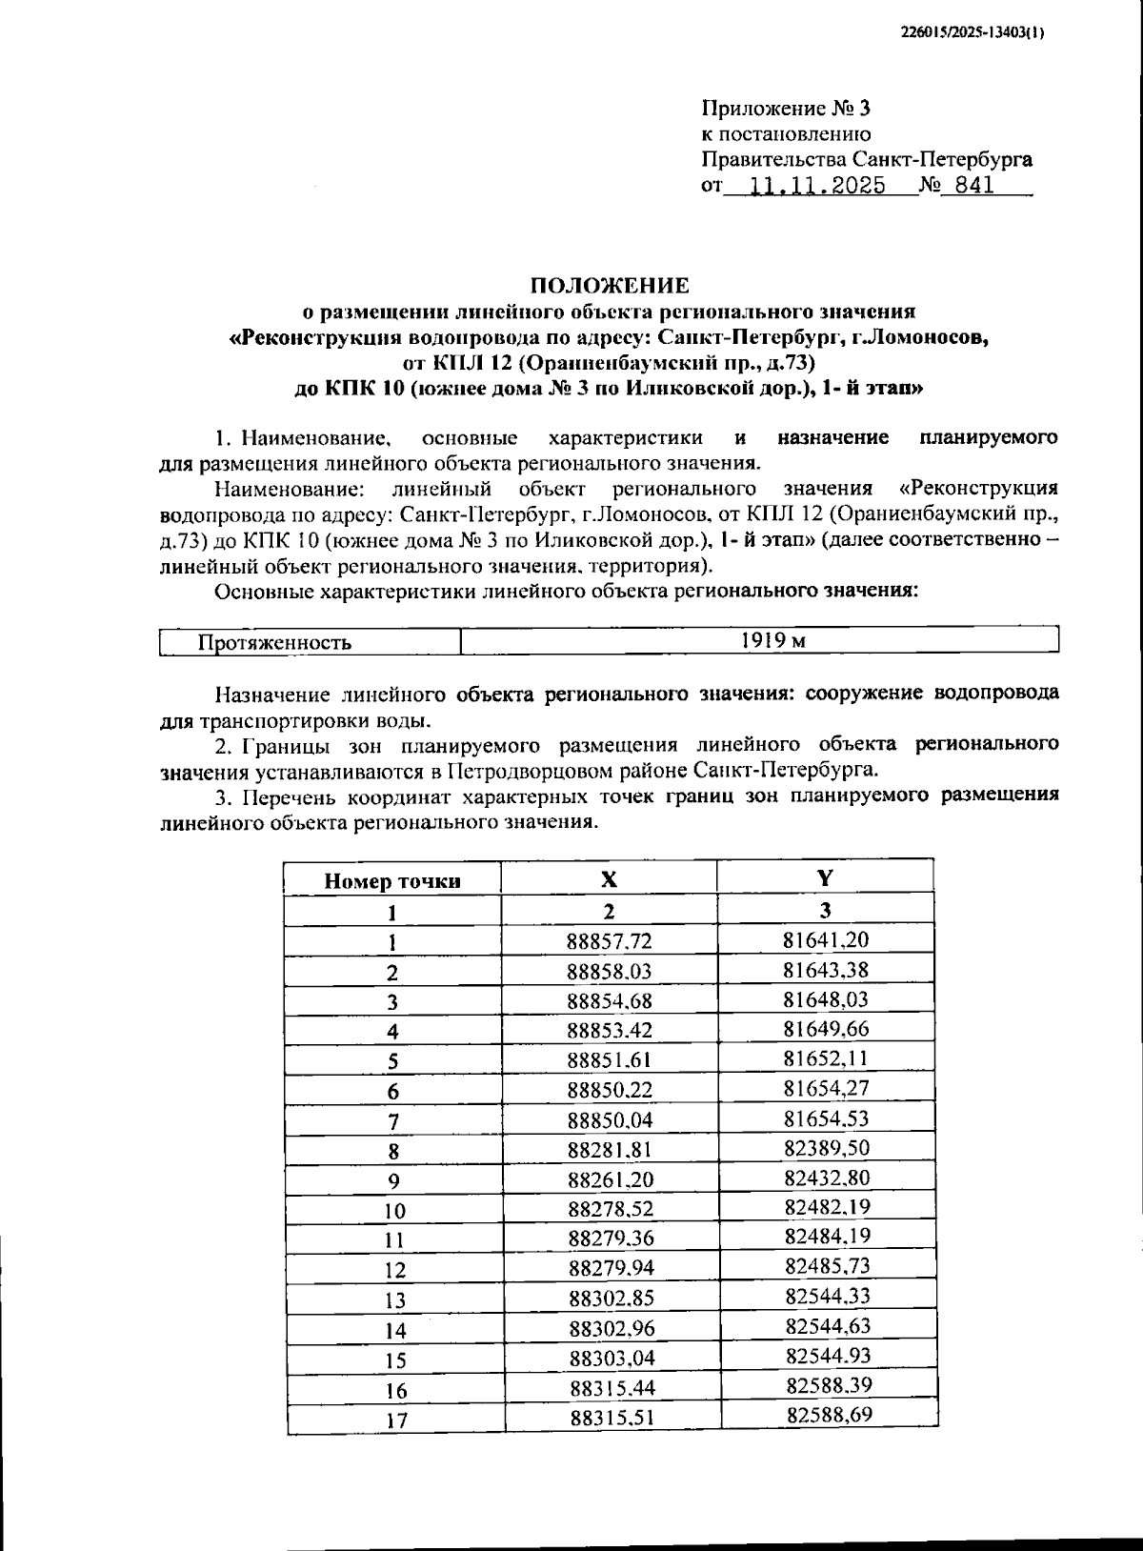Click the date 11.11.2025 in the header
pos(817,186)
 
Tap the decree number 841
pos(973,186)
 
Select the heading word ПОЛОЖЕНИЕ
pos(609,285)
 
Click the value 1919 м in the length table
pos(772,640)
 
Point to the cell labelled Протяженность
pos(274,642)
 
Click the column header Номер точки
pos(392,881)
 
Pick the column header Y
pos(825,877)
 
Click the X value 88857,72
pos(610,941)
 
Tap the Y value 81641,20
pos(826,939)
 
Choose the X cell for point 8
pos(610,1149)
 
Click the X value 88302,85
pos(611,1299)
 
